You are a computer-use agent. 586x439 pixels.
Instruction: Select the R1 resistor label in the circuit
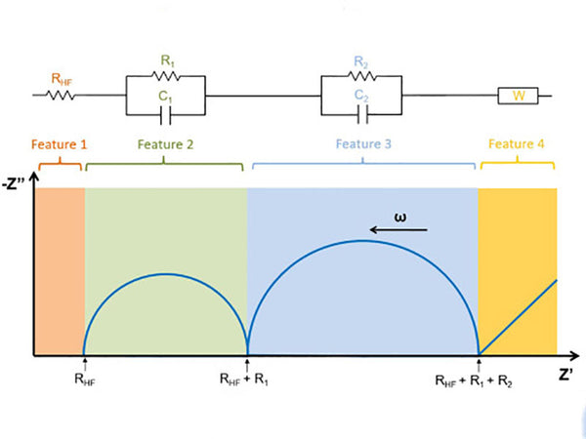(166, 61)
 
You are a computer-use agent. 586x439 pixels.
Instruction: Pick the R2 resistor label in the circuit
(360, 61)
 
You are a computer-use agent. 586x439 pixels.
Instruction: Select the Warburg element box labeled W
(517, 96)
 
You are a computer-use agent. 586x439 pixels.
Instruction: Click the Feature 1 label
(60, 143)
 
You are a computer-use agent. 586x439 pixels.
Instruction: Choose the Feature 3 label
(363, 143)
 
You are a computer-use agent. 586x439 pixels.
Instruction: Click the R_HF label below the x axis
(84, 379)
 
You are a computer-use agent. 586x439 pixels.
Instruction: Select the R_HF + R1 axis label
(247, 379)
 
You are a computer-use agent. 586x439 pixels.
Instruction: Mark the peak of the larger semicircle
(362, 240)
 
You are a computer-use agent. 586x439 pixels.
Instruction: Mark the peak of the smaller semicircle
(165, 274)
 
